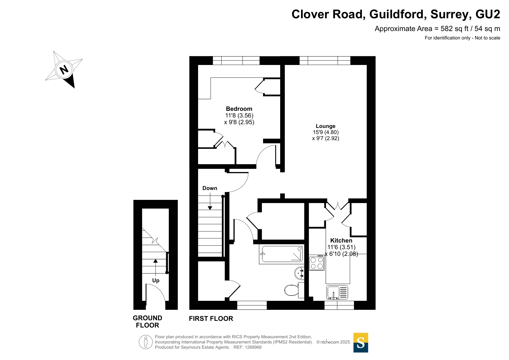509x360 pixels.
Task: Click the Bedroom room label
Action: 239,109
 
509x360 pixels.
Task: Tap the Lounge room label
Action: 325,126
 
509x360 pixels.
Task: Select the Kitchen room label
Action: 341,240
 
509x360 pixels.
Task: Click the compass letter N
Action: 64,70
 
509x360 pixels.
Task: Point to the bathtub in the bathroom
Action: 281,254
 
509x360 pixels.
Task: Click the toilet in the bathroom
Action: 294,290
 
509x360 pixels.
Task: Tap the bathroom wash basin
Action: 300,273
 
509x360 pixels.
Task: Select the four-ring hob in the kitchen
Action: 317,263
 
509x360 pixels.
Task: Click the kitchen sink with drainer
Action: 337,292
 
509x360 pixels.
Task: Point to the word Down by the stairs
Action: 210,188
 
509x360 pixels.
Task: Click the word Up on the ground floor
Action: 156,281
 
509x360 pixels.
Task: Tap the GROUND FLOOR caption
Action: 148,322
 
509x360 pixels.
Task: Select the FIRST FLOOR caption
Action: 211,319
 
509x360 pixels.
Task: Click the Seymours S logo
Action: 361,343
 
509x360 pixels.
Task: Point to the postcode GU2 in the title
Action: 488,14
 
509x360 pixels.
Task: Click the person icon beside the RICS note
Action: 146,342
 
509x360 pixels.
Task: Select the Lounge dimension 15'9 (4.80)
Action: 326,132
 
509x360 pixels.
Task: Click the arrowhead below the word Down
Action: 210,208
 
